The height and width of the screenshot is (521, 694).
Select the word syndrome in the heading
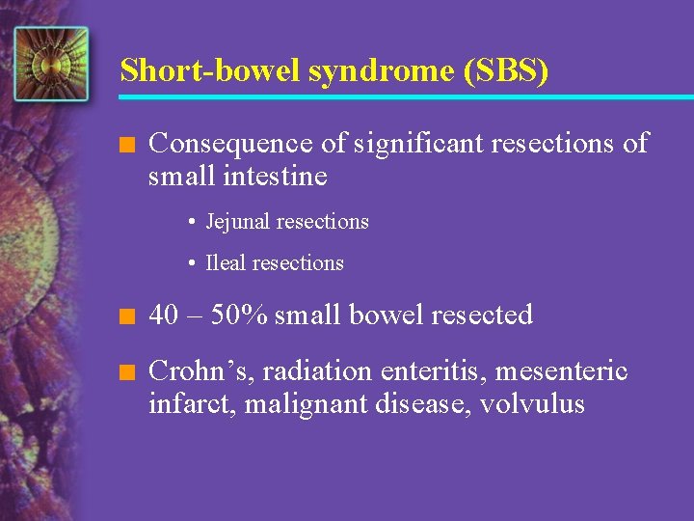[x=355, y=70]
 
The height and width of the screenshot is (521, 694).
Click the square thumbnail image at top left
[x=51, y=64]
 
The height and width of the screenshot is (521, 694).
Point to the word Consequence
[x=231, y=144]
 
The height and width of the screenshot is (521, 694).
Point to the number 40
[x=165, y=315]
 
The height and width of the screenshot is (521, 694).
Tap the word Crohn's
[x=200, y=370]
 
